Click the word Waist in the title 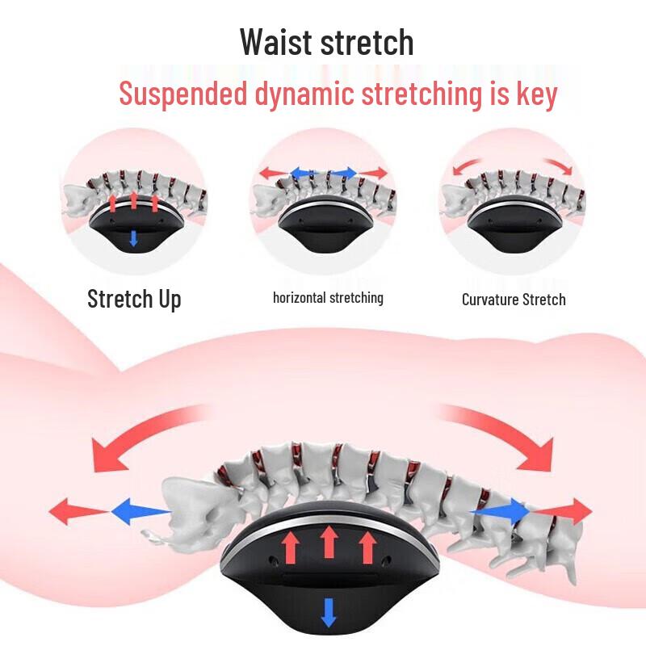[x=276, y=42]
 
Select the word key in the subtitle [x=537, y=94]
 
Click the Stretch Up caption [x=134, y=299]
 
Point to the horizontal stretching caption [x=328, y=297]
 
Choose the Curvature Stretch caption [x=514, y=300]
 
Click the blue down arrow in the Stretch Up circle [x=133, y=238]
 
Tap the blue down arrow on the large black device [x=329, y=613]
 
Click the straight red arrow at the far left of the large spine [x=79, y=511]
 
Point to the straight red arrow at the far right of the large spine [x=562, y=511]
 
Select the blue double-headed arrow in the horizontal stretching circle [x=324, y=173]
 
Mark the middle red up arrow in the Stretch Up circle [x=133, y=199]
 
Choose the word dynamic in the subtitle [x=304, y=94]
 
